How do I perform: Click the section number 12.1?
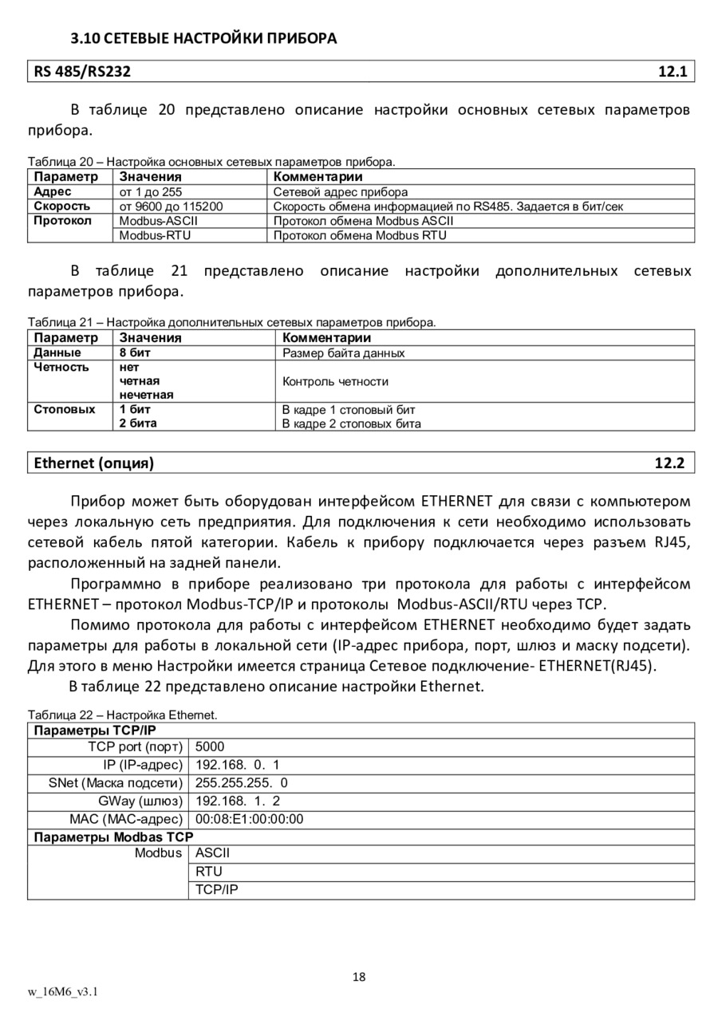[x=672, y=72]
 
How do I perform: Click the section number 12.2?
[x=669, y=463]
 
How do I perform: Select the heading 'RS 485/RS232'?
[x=81, y=72]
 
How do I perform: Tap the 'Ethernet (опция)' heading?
[x=93, y=463]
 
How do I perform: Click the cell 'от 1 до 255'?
[x=151, y=191]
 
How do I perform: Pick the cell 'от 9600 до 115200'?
[x=171, y=206]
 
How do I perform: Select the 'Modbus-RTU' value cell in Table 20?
[x=155, y=235]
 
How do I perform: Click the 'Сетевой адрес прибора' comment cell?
[x=340, y=191]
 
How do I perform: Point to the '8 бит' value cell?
[x=135, y=352]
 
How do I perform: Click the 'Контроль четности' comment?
[x=335, y=381]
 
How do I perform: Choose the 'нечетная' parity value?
[x=147, y=395]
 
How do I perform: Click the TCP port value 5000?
[x=210, y=746]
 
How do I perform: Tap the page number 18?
[x=359, y=977]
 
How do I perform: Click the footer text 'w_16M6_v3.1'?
[x=62, y=991]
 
